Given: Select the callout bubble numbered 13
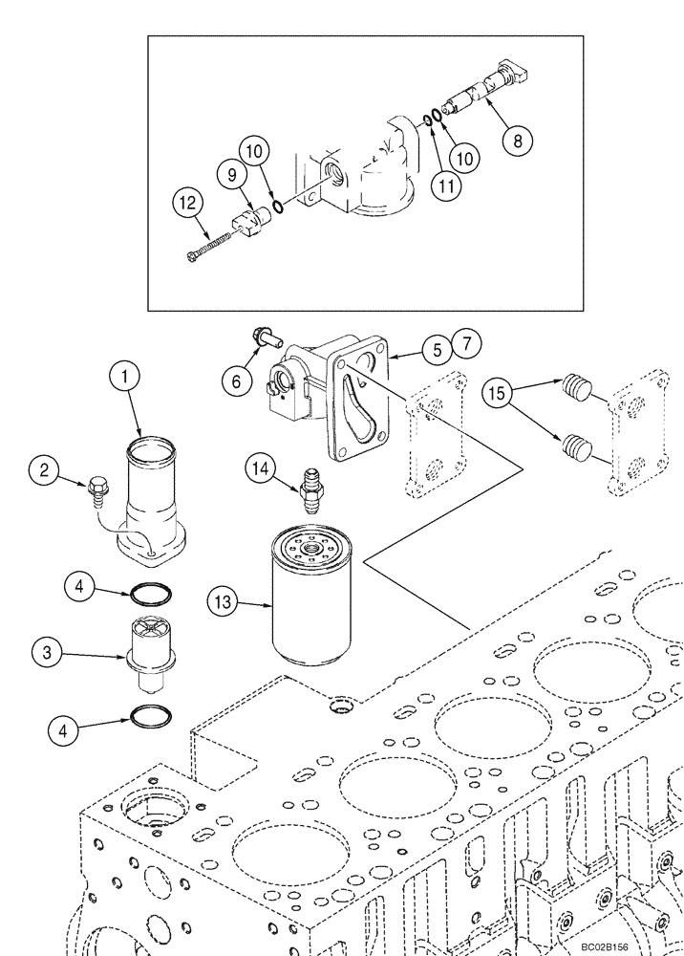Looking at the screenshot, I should [224, 602].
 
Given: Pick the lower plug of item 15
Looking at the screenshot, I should [577, 445].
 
